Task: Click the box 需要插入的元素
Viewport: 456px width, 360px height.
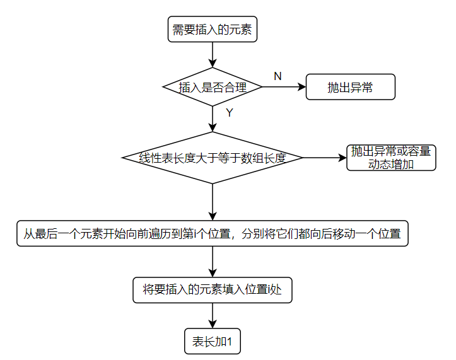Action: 213,30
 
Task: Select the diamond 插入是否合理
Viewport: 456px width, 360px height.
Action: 213,87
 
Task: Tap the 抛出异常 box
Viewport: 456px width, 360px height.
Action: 350,88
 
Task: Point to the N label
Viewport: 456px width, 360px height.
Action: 278,76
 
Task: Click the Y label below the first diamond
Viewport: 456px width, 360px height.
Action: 229,113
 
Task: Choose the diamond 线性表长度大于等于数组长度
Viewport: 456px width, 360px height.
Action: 213,158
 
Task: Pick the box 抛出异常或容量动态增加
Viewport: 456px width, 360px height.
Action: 391,158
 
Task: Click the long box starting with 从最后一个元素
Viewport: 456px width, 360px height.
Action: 213,233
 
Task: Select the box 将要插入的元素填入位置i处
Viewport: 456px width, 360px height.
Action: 213,289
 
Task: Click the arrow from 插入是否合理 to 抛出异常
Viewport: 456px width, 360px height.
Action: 284,87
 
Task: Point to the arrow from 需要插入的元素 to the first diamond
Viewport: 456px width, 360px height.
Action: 213,55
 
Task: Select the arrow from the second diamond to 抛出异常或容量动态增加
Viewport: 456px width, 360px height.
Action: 325,158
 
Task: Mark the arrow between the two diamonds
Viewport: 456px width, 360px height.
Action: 213,119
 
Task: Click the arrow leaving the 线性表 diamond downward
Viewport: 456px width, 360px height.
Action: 213,202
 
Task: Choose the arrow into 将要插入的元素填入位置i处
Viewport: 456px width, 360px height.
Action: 213,261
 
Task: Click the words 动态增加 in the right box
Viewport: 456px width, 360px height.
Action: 391,165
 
